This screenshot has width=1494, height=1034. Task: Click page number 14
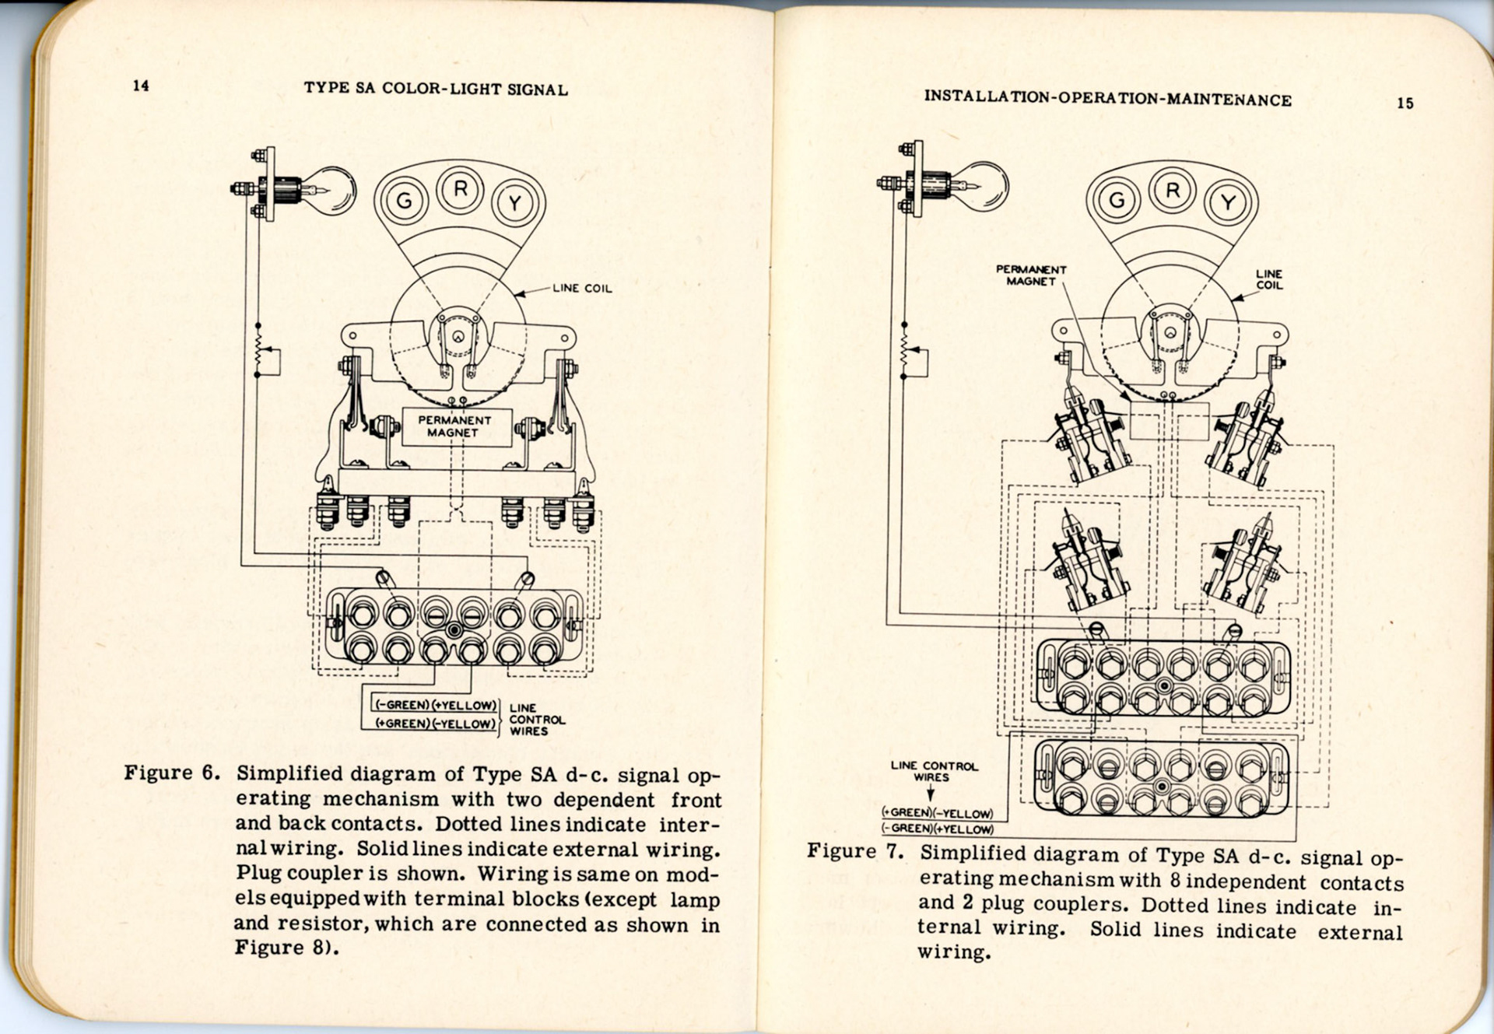click(141, 86)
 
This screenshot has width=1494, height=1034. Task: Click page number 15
click(1405, 103)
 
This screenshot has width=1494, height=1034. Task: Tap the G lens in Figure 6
click(405, 201)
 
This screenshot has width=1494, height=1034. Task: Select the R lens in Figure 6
click(461, 189)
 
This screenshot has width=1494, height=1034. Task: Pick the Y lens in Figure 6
click(514, 203)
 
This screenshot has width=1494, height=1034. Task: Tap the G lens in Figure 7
click(1117, 201)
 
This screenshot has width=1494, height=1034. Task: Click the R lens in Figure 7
click(1173, 191)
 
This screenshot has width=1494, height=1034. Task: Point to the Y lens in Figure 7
click(1228, 203)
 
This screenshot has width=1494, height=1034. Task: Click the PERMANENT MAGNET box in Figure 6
click(455, 426)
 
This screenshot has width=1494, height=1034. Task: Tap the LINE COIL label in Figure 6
click(582, 289)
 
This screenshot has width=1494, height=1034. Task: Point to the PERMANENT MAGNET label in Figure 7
click(1031, 275)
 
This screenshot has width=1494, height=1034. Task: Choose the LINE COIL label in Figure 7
click(1268, 279)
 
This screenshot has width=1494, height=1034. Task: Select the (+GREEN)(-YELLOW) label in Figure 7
click(938, 813)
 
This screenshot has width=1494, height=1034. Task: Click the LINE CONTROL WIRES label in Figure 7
click(934, 771)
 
